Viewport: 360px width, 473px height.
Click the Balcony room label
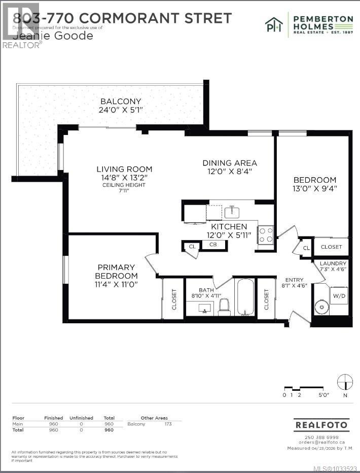point(121,102)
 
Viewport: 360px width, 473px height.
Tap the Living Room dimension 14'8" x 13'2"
point(124,178)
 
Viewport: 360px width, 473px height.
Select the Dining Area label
point(230,163)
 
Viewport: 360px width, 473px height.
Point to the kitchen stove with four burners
point(266,235)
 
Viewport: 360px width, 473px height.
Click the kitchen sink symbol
point(232,211)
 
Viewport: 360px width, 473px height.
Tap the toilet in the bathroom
point(224,307)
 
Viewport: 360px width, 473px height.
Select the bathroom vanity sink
point(205,309)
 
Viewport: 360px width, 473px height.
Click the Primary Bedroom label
point(116,267)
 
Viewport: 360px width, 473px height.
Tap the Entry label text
point(294,280)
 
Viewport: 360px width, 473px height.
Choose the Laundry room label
point(333,263)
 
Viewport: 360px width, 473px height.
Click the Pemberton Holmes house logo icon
point(274,25)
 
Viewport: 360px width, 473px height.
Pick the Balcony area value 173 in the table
point(168,424)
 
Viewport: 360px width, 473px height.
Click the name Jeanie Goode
point(53,36)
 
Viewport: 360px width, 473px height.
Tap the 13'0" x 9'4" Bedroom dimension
point(315,188)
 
